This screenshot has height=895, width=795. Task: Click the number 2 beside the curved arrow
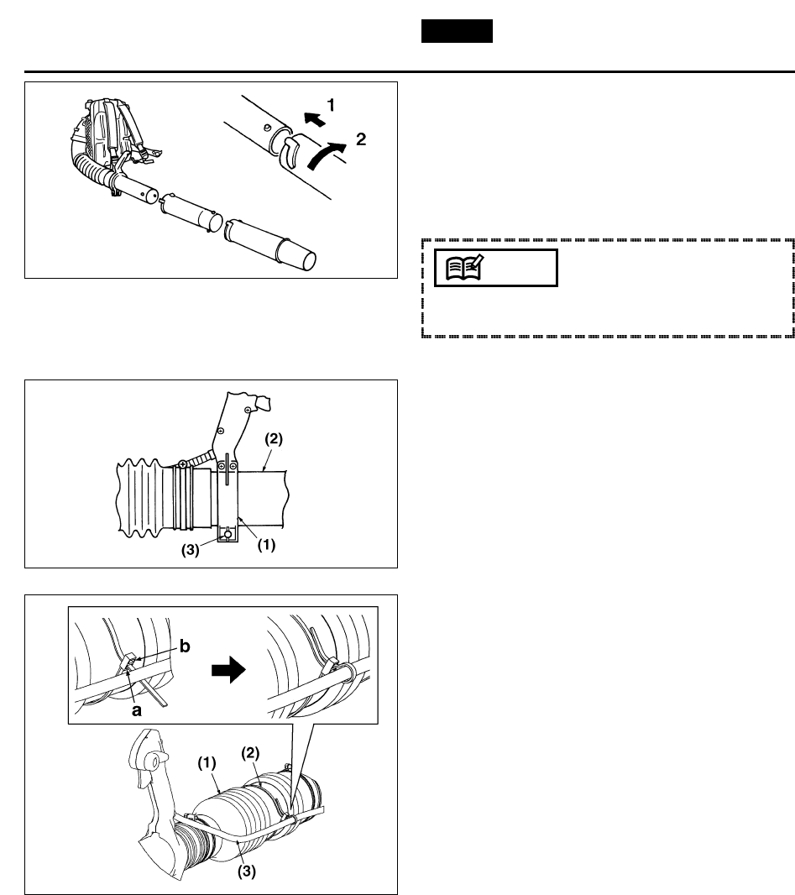360,140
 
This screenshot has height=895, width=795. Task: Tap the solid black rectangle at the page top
456,31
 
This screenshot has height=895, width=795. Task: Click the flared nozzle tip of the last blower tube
305,251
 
